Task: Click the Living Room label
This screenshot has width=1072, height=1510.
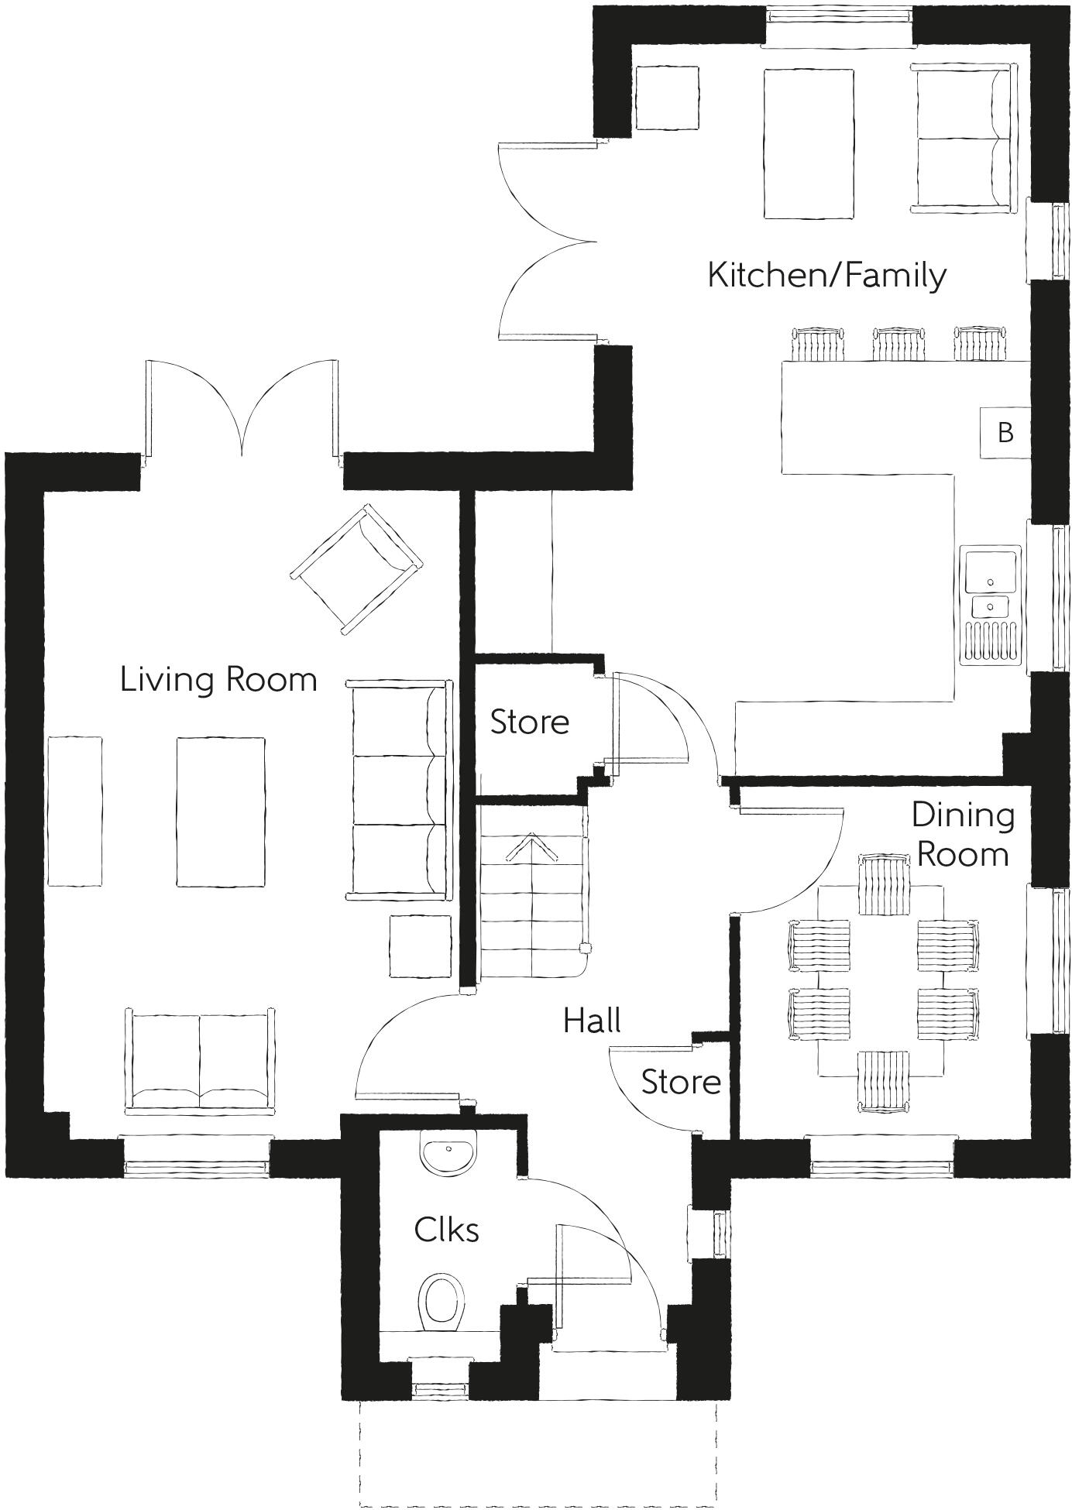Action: point(218,680)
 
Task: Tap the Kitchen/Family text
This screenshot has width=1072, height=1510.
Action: point(826,276)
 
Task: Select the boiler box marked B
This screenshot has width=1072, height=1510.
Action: point(1005,432)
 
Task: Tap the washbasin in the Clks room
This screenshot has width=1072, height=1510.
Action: point(448,1152)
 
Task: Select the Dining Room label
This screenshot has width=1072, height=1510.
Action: point(962,835)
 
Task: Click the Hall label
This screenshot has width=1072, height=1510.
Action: point(592,1021)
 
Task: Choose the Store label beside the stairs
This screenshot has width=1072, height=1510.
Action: point(530,722)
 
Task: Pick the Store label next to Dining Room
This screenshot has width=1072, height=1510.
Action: point(681,1083)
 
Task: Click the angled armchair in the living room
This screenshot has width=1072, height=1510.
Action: point(358,568)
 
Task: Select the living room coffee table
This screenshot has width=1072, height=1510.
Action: point(221,811)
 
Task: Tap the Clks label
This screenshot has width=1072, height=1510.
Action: point(446,1230)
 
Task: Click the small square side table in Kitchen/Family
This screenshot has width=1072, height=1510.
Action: point(666,98)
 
